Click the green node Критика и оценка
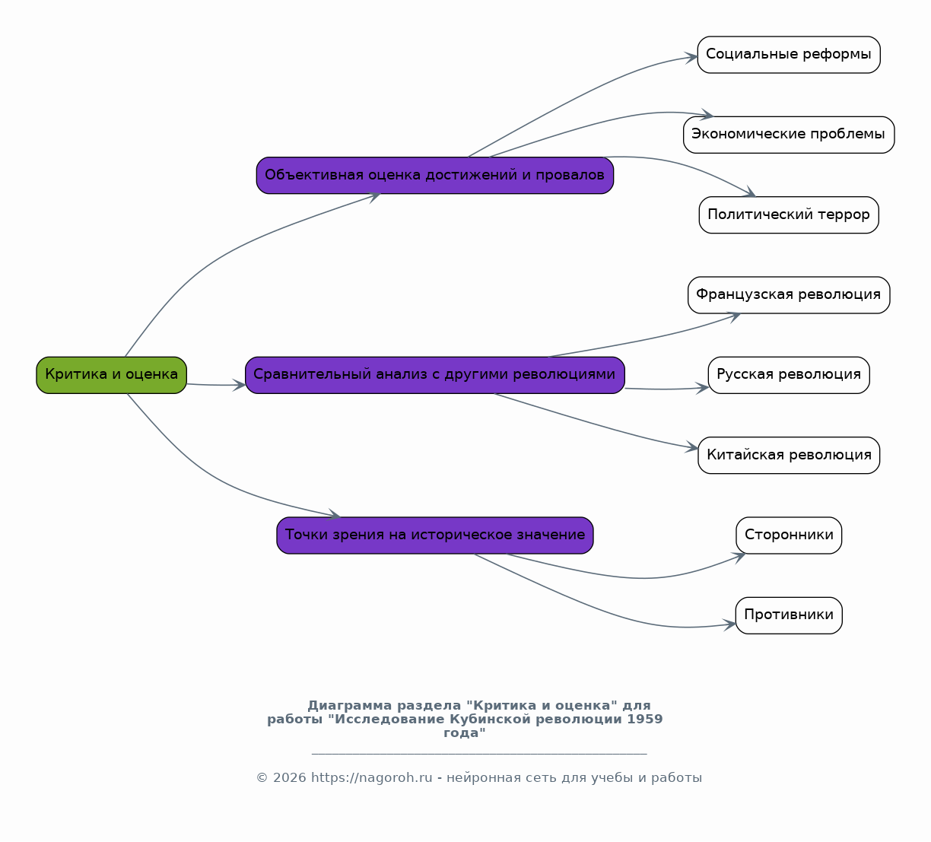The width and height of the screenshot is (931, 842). (x=111, y=375)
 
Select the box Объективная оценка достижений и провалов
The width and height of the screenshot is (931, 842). (x=435, y=176)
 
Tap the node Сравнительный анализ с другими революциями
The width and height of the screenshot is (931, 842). (x=435, y=375)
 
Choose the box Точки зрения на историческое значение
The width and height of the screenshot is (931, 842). (x=435, y=535)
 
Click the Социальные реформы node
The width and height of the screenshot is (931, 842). (x=789, y=55)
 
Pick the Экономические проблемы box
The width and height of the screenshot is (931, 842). (x=789, y=135)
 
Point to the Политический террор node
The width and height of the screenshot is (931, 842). (x=789, y=215)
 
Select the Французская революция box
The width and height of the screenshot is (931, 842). (x=789, y=295)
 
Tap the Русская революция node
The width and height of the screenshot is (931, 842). (x=789, y=375)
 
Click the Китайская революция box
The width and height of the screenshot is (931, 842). (x=789, y=456)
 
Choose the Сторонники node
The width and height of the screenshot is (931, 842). (x=789, y=535)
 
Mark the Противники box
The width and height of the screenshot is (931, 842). (x=789, y=615)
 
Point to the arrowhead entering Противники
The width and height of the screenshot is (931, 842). (x=730, y=624)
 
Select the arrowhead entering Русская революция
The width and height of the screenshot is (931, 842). (x=703, y=388)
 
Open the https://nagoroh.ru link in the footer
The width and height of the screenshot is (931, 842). (x=371, y=777)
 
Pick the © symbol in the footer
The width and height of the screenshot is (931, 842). (x=262, y=777)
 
